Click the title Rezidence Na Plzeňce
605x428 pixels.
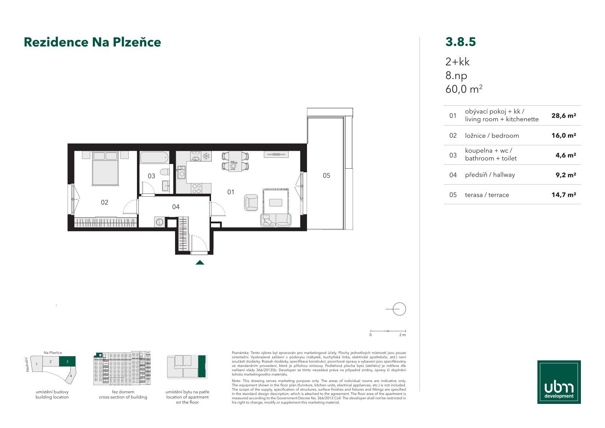(x=92, y=42)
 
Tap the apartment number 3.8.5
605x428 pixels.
(x=460, y=42)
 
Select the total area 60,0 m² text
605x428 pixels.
(x=464, y=89)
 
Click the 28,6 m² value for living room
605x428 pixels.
(x=564, y=116)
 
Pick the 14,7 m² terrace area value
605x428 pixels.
(x=564, y=195)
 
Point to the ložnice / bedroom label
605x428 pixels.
(x=492, y=136)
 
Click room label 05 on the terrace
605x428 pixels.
(x=326, y=176)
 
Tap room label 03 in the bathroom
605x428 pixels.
(x=151, y=176)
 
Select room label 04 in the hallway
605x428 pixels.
(x=175, y=207)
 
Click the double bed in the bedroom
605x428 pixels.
(x=105, y=168)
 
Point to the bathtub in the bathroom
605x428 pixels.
(x=155, y=157)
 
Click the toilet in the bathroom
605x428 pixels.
(x=165, y=172)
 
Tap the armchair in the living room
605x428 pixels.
(x=251, y=202)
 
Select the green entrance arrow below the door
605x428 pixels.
(x=200, y=262)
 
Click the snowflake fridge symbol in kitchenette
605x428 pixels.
(x=206, y=156)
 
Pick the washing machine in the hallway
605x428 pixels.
(x=160, y=222)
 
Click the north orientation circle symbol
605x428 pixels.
(x=399, y=309)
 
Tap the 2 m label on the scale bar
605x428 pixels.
(x=402, y=335)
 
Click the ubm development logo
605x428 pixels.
(x=559, y=382)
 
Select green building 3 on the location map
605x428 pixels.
(x=67, y=361)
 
